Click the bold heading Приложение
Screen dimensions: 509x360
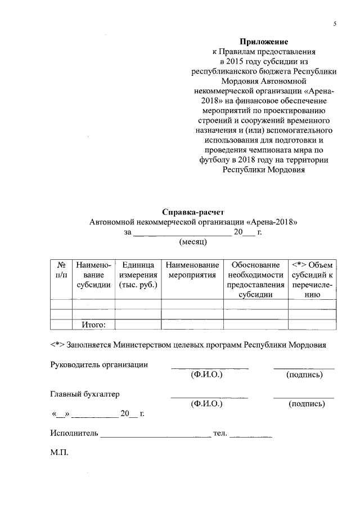(x=264, y=42)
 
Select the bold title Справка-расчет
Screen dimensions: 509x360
(x=193, y=212)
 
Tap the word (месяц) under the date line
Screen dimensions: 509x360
(x=193, y=242)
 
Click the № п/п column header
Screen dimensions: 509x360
(x=61, y=269)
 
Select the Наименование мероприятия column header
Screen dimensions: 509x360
(x=192, y=269)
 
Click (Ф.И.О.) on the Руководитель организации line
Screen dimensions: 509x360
(x=207, y=375)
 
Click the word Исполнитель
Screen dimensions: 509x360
(x=74, y=434)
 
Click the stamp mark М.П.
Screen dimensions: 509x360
(x=59, y=453)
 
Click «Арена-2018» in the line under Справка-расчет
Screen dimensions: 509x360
(x=272, y=222)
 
